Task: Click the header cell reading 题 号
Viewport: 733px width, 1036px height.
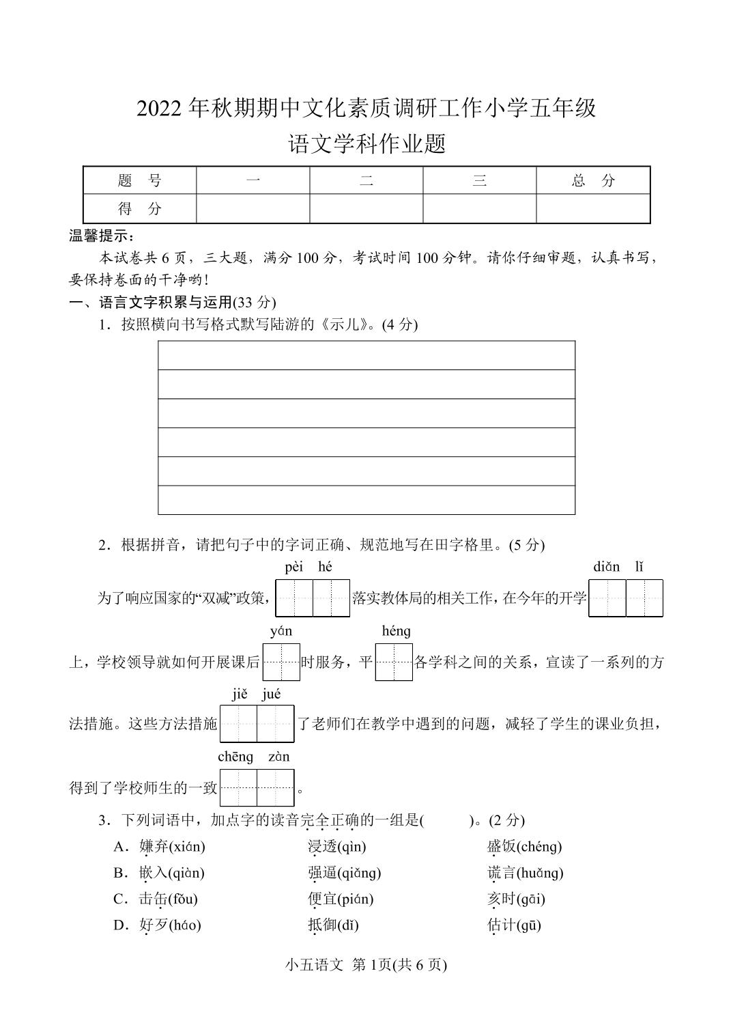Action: click(x=139, y=180)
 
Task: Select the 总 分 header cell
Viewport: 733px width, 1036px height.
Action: click(x=592, y=180)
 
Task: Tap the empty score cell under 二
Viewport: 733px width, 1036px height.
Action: click(x=366, y=209)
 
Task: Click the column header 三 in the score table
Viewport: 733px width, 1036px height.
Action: click(x=479, y=180)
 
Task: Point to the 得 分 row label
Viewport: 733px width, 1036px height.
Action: click(x=139, y=209)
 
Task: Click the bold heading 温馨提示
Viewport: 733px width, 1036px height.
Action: click(x=102, y=236)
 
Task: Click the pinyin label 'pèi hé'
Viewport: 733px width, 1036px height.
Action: click(x=308, y=567)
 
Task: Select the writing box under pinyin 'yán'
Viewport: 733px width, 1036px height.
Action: click(x=281, y=662)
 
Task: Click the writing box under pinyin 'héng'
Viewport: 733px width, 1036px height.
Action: click(x=394, y=662)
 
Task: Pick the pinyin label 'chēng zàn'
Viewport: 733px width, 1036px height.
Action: click(x=253, y=757)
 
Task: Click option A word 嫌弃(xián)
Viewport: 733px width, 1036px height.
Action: click(x=172, y=847)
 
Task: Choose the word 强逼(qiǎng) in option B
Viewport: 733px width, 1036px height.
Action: click(x=344, y=873)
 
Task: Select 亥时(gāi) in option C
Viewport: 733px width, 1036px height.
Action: click(x=516, y=899)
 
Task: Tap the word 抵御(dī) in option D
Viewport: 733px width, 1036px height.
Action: click(x=333, y=925)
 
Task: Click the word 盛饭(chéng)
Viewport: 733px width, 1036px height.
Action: click(x=524, y=847)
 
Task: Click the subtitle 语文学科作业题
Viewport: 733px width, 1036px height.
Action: click(x=366, y=144)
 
